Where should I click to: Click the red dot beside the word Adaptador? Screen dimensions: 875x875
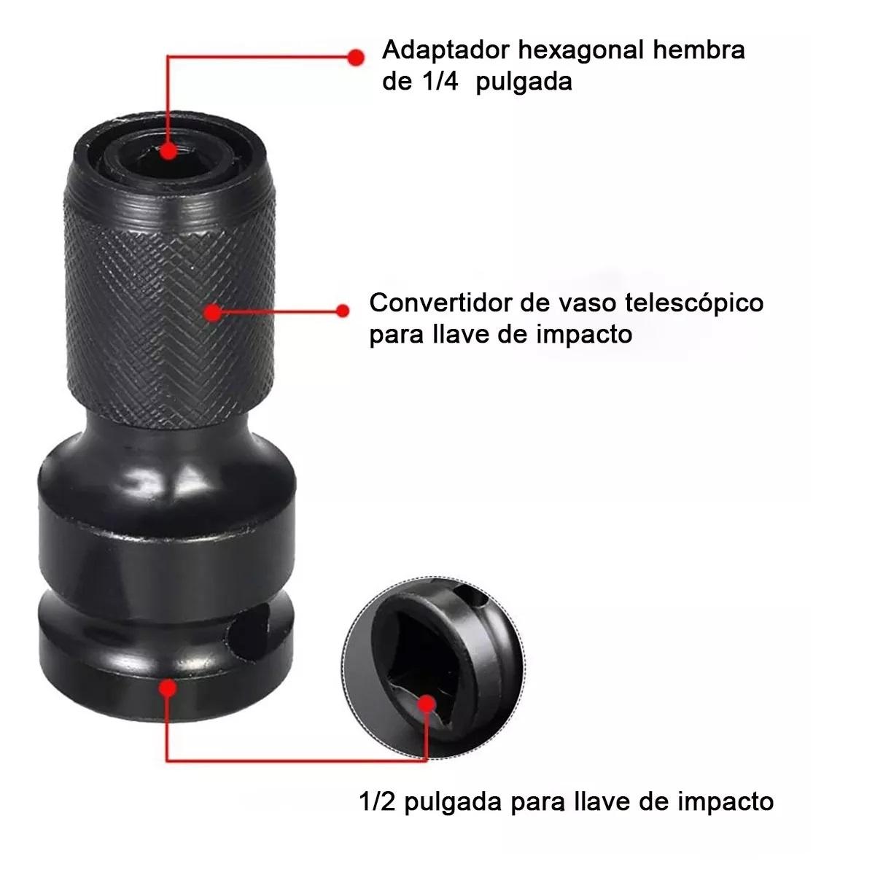[x=356, y=58]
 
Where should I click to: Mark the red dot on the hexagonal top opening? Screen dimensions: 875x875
[x=168, y=151]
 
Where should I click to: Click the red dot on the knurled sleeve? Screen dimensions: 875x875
[x=212, y=312]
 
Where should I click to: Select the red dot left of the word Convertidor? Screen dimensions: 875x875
[x=343, y=311]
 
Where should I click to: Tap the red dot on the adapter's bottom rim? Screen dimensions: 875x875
[x=168, y=688]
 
